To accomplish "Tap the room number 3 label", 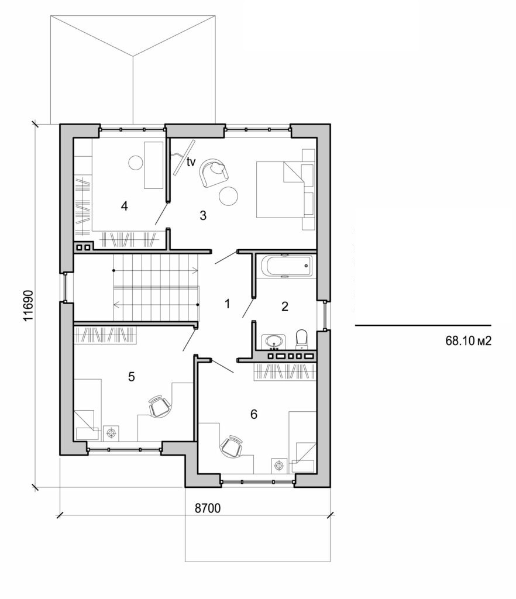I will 202,215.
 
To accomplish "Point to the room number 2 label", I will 284,306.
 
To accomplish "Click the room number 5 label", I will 132,376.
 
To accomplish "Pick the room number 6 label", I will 253,414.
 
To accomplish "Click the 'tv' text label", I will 191,163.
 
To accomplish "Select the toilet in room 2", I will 302,339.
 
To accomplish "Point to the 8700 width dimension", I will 207,507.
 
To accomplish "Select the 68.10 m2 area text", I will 467,341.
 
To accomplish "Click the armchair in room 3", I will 212,172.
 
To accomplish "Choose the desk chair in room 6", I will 232,447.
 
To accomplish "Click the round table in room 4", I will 136,163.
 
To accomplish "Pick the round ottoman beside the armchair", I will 228,196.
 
